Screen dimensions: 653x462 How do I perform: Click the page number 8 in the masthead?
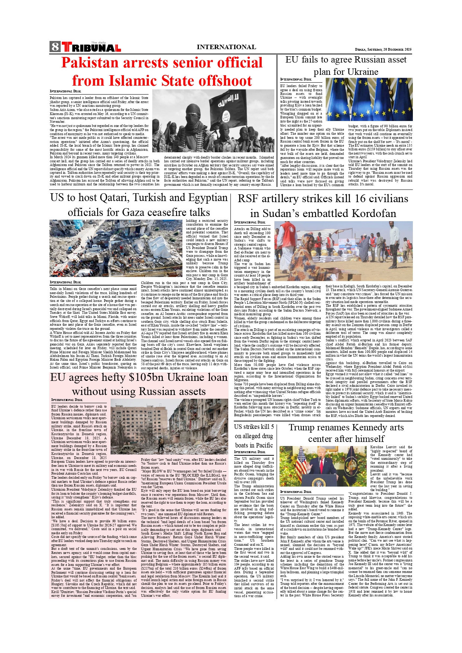(x=55, y=47)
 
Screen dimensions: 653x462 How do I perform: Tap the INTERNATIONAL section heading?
(x=226, y=47)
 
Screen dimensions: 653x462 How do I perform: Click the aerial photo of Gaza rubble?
(x=116, y=248)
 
